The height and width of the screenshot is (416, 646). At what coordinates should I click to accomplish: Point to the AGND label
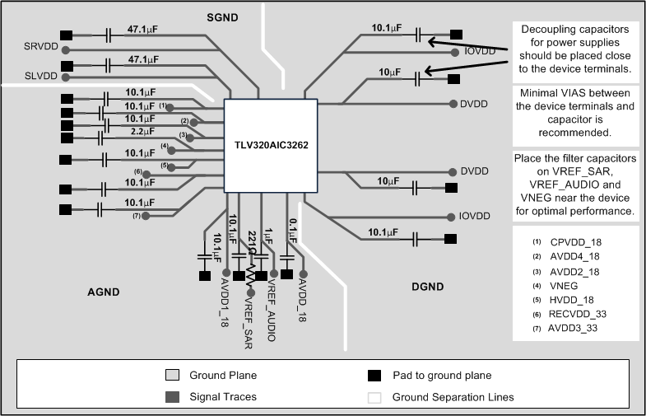click(x=104, y=292)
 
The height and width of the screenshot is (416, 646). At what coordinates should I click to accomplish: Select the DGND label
click(x=427, y=287)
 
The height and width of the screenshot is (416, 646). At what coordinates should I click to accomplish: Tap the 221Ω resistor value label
click(x=251, y=244)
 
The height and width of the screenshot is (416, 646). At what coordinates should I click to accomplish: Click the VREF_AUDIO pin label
click(x=271, y=310)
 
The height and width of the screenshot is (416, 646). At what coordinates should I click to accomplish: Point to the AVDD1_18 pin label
click(x=224, y=305)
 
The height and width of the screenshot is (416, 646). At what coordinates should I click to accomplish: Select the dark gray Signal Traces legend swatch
click(x=171, y=397)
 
